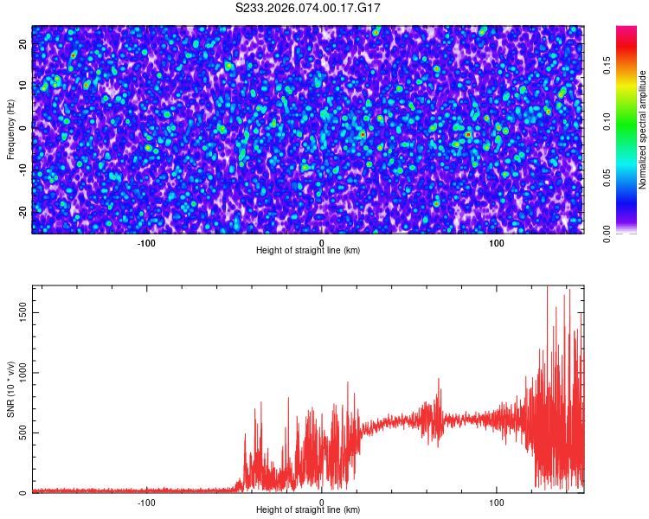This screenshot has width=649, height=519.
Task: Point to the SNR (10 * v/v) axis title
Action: (10, 389)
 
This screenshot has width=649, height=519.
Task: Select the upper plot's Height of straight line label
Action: (308, 250)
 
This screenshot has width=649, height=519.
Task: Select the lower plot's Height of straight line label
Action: (308, 509)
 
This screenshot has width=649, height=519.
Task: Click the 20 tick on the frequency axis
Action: (23, 44)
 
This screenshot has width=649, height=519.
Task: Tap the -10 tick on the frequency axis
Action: (23, 169)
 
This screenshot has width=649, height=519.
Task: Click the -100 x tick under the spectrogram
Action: (146, 242)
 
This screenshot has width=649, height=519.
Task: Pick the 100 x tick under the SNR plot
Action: (497, 502)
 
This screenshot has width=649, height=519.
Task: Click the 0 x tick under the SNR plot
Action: (322, 502)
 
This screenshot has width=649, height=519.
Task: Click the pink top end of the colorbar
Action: (626, 31)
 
